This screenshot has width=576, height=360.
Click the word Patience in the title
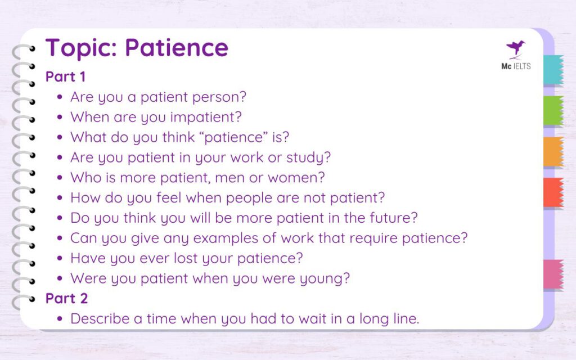pyautogui.click(x=177, y=48)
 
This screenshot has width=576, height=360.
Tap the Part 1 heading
pyautogui.click(x=66, y=76)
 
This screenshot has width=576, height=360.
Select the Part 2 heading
pyautogui.click(x=67, y=298)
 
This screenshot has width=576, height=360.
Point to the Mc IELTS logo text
pyautogui.click(x=515, y=66)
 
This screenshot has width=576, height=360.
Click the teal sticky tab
pyautogui.click(x=553, y=70)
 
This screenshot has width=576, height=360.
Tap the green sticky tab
pyautogui.click(x=553, y=110)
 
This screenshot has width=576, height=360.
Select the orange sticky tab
pyautogui.click(x=553, y=151)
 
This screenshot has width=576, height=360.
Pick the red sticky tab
pyautogui.click(x=553, y=192)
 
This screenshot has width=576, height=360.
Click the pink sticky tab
pyautogui.click(x=553, y=274)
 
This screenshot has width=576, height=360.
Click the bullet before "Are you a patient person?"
pyautogui.click(x=60, y=97)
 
